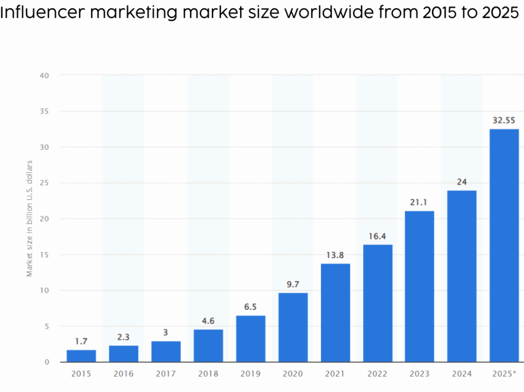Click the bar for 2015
81,356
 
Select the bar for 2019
251,339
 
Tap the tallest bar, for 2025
504,245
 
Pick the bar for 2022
378,303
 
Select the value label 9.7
293,285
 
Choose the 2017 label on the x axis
166,374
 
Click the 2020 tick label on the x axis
293,374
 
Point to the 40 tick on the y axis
45,75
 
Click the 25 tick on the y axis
45,183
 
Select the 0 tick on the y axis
47,362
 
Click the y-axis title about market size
30,219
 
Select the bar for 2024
462,276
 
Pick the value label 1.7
81,341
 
